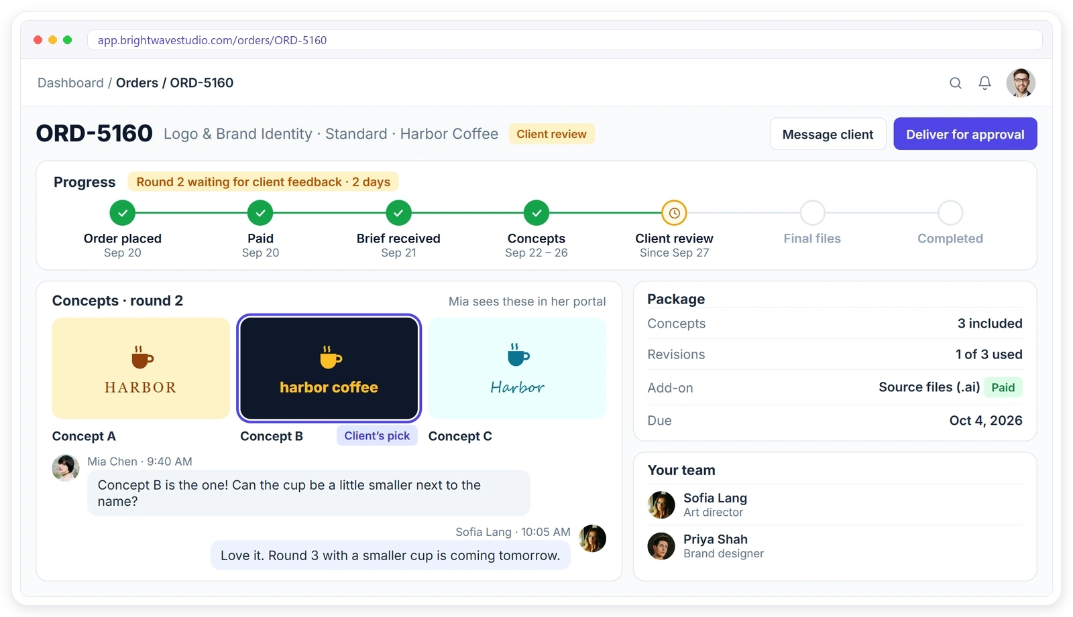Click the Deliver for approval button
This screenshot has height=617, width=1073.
(x=965, y=134)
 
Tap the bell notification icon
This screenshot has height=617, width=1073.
(x=984, y=83)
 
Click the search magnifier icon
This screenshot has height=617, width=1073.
(x=955, y=83)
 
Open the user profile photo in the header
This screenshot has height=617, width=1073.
(x=1020, y=83)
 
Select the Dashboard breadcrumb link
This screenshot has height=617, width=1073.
(x=70, y=83)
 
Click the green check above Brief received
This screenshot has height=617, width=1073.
(x=398, y=212)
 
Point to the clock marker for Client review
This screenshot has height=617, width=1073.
(x=674, y=212)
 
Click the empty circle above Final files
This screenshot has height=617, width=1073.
(x=812, y=212)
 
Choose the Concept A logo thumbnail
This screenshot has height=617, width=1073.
(x=141, y=368)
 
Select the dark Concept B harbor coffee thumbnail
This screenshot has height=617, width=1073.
(x=329, y=368)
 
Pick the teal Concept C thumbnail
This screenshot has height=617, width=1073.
(x=517, y=368)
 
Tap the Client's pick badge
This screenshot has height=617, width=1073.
(x=377, y=435)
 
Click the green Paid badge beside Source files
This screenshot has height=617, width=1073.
(x=1003, y=387)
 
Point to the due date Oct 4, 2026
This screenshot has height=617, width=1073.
(x=986, y=420)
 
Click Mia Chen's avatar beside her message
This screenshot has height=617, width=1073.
(x=66, y=468)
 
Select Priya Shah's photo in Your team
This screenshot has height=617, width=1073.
(x=661, y=546)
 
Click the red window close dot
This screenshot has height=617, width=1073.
(x=38, y=40)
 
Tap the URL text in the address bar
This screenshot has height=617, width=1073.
(x=212, y=40)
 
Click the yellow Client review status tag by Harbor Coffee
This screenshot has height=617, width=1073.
(x=551, y=134)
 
